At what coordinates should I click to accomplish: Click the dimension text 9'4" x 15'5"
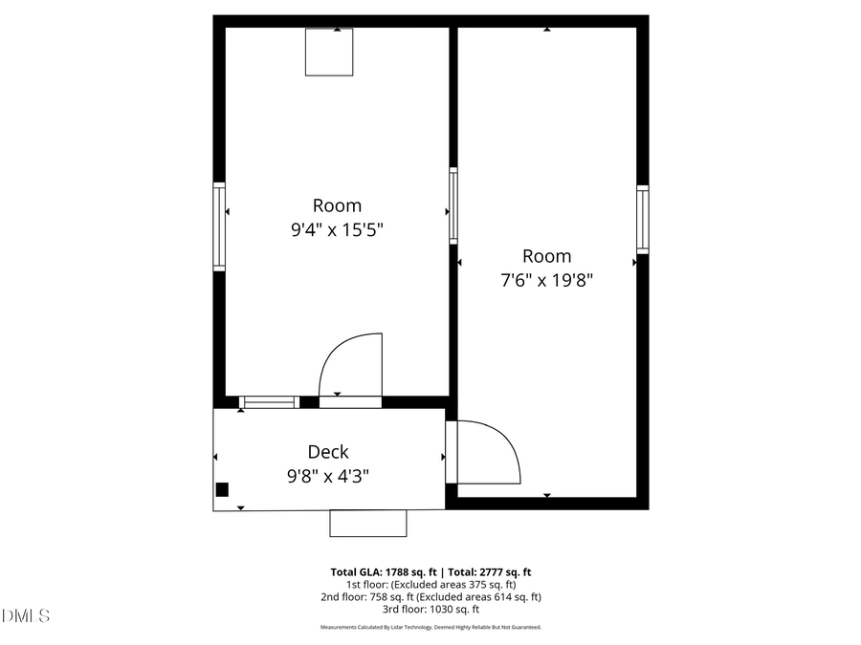(337, 230)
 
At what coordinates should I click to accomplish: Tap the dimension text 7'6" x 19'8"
(546, 280)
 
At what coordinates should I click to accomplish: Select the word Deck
(327, 452)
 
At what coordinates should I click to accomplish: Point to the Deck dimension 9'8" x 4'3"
(327, 475)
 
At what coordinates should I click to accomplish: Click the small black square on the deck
(222, 489)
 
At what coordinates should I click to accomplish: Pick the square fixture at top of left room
(329, 52)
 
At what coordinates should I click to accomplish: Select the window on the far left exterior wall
(219, 227)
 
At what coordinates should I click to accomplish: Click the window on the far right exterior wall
(643, 220)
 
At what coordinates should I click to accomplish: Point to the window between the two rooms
(453, 205)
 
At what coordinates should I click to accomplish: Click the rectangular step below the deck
(367, 523)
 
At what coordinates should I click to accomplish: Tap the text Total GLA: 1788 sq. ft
(381, 571)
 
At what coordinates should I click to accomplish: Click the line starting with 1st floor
(430, 584)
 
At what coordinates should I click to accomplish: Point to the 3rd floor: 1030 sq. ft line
(430, 609)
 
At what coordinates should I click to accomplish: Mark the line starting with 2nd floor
(430, 596)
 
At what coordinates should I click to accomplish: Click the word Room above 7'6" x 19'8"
(546, 256)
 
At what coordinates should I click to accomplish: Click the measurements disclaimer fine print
(430, 627)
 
